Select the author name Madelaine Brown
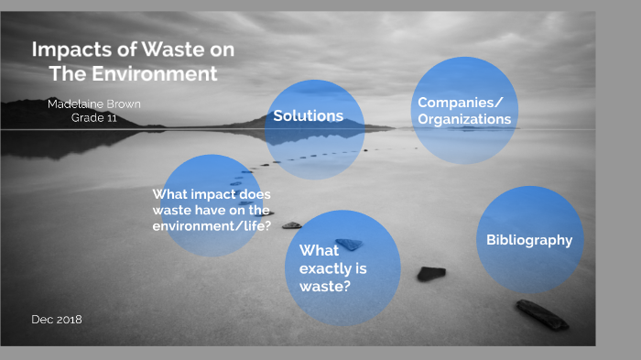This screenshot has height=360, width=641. click(x=94, y=104)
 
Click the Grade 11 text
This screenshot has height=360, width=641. click(x=94, y=117)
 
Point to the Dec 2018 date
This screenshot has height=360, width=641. click(x=57, y=319)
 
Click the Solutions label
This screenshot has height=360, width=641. click(x=308, y=115)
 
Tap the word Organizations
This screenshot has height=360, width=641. click(x=464, y=119)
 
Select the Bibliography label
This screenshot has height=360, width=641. click(x=529, y=240)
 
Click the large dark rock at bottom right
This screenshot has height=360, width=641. click(x=542, y=314)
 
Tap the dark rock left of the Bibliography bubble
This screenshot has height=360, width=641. click(x=430, y=273)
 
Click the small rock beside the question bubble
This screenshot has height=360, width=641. click(x=291, y=224)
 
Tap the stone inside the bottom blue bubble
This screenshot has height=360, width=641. click(x=349, y=244)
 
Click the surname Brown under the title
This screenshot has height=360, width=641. click(x=122, y=104)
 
